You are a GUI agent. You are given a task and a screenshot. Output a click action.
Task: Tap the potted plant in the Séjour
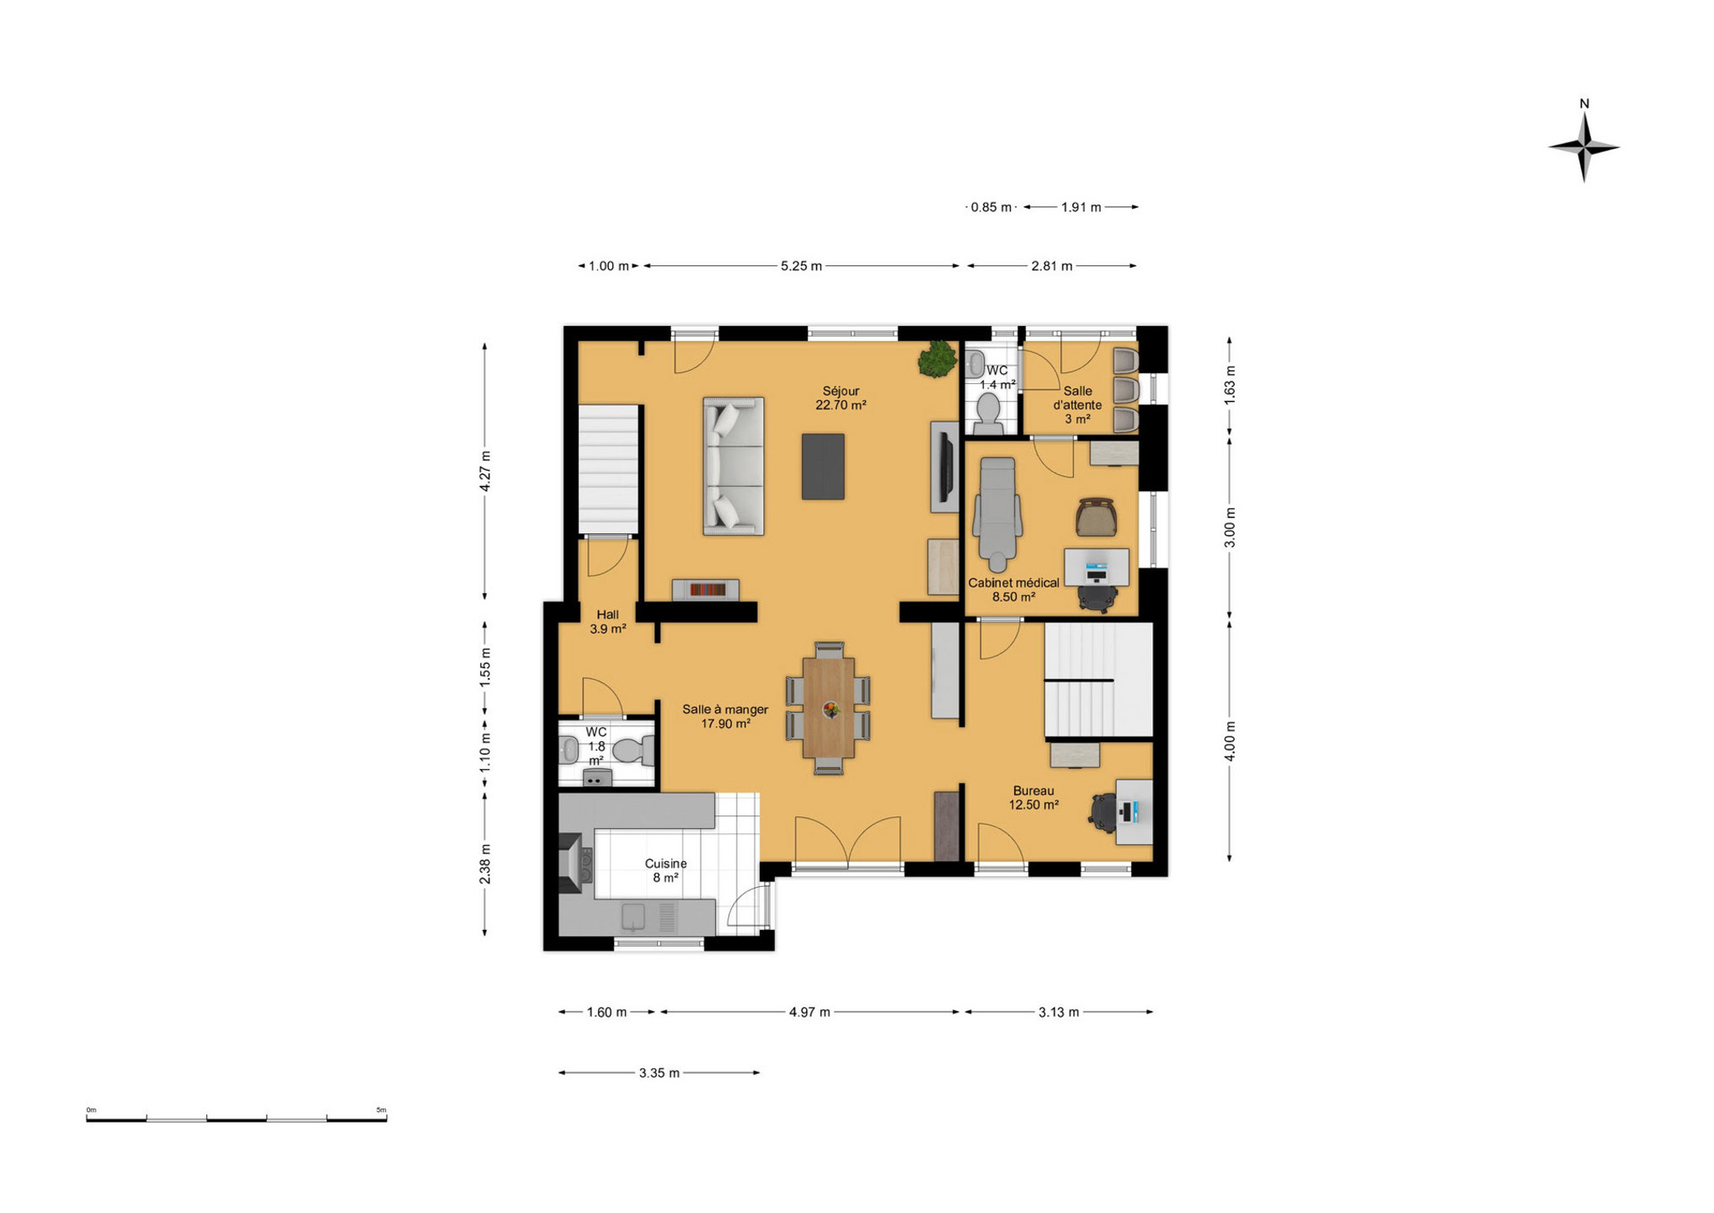pyautogui.click(x=937, y=359)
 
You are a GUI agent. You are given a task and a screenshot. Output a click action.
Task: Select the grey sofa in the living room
pyautogui.click(x=734, y=466)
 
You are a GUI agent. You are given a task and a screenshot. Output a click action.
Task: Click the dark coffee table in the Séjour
pyautogui.click(x=823, y=467)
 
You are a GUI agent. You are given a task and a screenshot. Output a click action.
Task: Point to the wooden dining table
pyautogui.click(x=829, y=708)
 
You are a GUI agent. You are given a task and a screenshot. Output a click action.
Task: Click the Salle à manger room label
pyautogui.click(x=725, y=716)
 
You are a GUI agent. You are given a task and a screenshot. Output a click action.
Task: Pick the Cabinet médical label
pyautogui.click(x=1013, y=590)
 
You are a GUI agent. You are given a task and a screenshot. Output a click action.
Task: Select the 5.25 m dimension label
pyautogui.click(x=801, y=266)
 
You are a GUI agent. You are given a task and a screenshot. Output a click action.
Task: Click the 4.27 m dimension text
pyautogui.click(x=485, y=472)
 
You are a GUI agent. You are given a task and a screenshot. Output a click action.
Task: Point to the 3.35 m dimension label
pyautogui.click(x=659, y=1073)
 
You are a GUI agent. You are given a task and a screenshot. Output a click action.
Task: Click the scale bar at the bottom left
pyautogui.click(x=237, y=1119)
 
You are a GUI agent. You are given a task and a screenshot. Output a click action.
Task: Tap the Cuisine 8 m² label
pyautogui.click(x=665, y=870)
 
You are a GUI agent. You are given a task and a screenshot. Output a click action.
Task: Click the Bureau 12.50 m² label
pyautogui.click(x=1033, y=798)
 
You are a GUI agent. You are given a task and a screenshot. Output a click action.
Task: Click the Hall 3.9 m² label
pyautogui.click(x=607, y=622)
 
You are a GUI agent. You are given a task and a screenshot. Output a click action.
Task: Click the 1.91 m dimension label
pyautogui.click(x=1081, y=207)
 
